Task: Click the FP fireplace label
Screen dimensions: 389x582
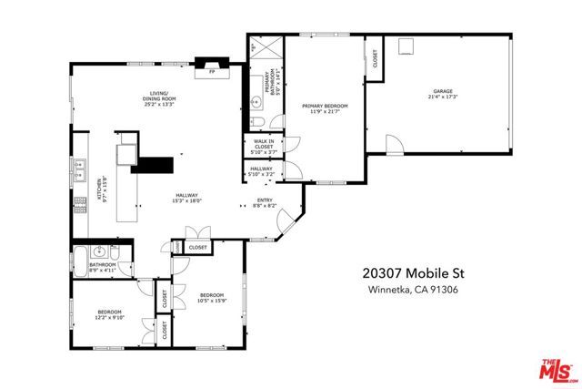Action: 211,70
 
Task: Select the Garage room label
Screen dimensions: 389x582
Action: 443,93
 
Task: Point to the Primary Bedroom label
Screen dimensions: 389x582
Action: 325,109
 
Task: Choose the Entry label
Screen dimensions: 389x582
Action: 265,205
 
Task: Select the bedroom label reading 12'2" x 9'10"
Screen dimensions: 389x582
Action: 110,315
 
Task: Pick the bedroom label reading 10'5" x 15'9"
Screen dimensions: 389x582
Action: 212,297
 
